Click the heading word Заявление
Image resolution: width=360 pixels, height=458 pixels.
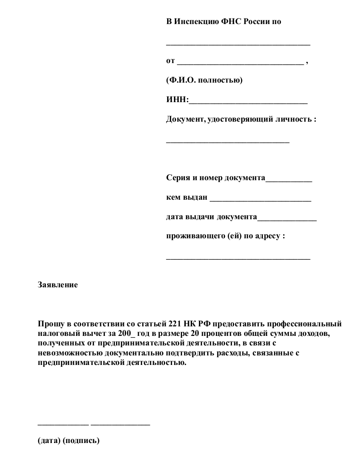pyautogui.click(x=58, y=285)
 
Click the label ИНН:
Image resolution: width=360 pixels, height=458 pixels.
pyautogui.click(x=177, y=100)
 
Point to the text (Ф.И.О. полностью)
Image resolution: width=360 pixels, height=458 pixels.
pyautogui.click(x=204, y=80)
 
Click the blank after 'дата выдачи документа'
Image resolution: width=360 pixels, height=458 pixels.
pyautogui.click(x=287, y=220)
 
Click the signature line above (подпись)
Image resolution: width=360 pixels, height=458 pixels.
pyautogui.click(x=120, y=424)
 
